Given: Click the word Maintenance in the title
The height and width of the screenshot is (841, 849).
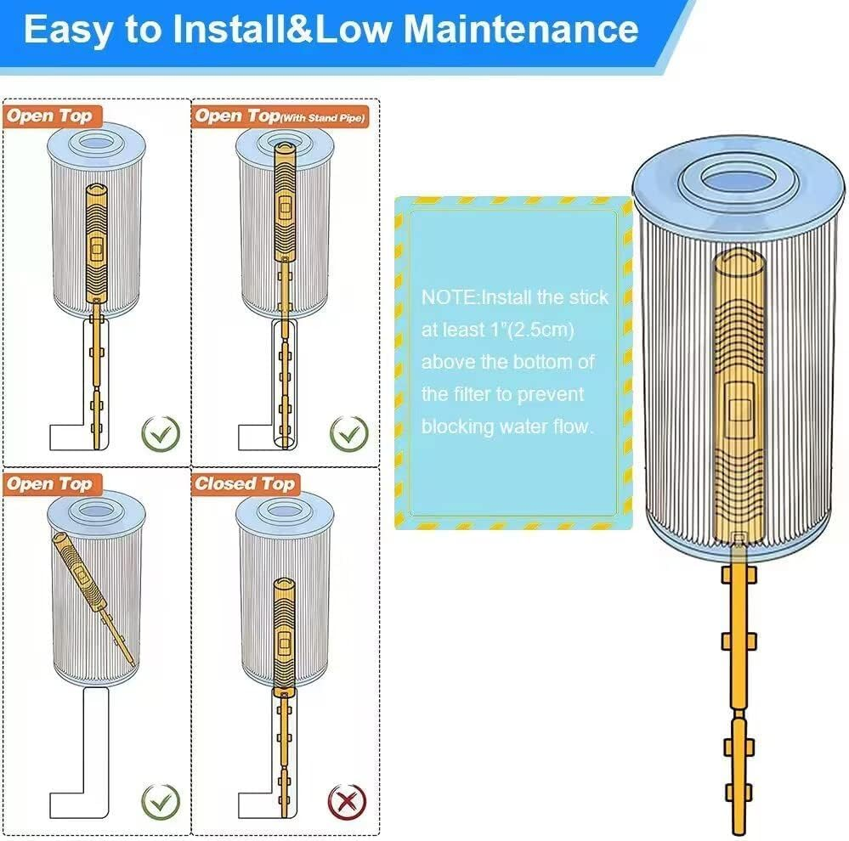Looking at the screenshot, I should (x=520, y=29).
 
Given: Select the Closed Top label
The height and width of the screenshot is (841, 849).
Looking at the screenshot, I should (x=244, y=484).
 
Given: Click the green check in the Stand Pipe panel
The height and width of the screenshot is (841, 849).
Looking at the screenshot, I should (x=348, y=432).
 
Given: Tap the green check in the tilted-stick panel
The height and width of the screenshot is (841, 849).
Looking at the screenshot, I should (x=160, y=799).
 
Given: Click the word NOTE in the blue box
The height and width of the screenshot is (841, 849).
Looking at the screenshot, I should (x=449, y=297).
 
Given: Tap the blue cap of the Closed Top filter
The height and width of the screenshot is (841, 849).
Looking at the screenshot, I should (x=285, y=510).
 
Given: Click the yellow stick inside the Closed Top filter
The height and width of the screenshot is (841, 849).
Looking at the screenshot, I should (x=282, y=629).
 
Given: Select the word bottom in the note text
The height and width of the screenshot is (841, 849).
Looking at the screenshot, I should (x=548, y=362).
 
